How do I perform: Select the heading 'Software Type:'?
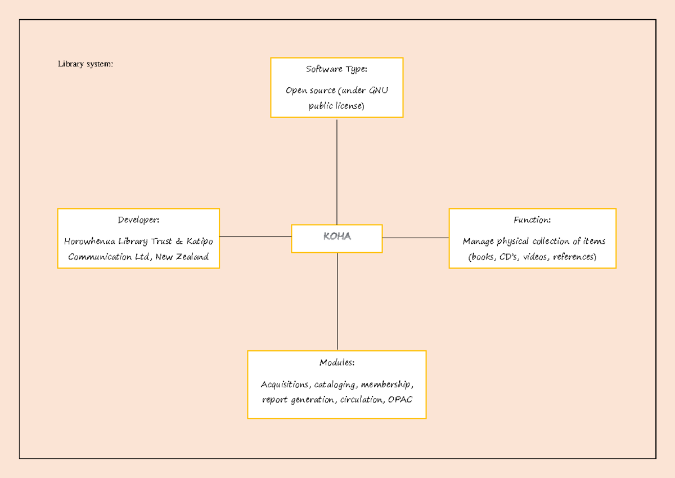[336, 69]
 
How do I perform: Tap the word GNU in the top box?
[378, 90]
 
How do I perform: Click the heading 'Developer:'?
[138, 220]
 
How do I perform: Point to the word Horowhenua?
[90, 242]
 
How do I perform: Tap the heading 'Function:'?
[532, 220]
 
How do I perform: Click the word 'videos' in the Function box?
[537, 257]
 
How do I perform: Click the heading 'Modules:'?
[336, 362]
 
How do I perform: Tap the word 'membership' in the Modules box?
[387, 385]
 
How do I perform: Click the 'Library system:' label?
[85, 64]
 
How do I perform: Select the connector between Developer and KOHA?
[255, 237]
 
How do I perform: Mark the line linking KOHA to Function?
[415, 238]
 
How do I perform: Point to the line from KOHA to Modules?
[337, 301]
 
